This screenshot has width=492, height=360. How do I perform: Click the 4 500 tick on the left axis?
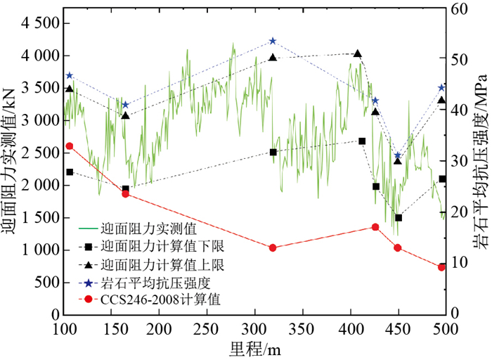[36, 23]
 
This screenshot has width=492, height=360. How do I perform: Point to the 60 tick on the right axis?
[460, 8]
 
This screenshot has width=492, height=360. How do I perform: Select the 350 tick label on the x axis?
[302, 330]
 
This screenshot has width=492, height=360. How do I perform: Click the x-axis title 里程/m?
[255, 349]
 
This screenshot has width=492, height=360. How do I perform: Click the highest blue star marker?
[273, 41]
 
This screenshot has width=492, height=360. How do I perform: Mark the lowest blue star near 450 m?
[398, 155]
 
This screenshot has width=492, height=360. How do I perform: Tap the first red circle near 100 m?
[69, 146]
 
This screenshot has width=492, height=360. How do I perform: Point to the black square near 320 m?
[273, 152]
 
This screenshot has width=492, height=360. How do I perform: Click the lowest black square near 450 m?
[398, 217]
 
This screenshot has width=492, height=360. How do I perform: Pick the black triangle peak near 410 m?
[358, 53]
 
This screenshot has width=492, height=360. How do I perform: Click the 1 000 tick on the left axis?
[36, 250]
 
